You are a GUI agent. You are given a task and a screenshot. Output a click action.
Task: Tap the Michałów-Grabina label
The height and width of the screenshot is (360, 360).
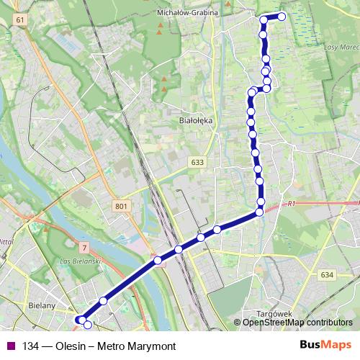click(x=186, y=13)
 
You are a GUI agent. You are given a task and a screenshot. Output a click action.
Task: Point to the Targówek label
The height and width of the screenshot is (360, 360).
click(x=273, y=314)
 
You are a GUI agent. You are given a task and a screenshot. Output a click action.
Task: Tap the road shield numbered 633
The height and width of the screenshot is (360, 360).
click(x=198, y=163)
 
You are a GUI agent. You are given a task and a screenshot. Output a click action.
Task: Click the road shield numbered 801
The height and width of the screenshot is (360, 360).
click(x=121, y=207)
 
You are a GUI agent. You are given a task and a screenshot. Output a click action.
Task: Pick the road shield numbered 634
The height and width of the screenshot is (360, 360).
click(x=328, y=275)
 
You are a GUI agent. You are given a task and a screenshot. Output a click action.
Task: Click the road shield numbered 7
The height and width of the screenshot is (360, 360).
click(x=84, y=247)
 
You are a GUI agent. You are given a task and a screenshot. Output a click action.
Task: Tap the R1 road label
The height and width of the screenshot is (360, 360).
click(x=291, y=204)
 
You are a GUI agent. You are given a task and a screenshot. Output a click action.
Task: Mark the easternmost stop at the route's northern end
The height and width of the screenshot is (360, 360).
click(x=282, y=16)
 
